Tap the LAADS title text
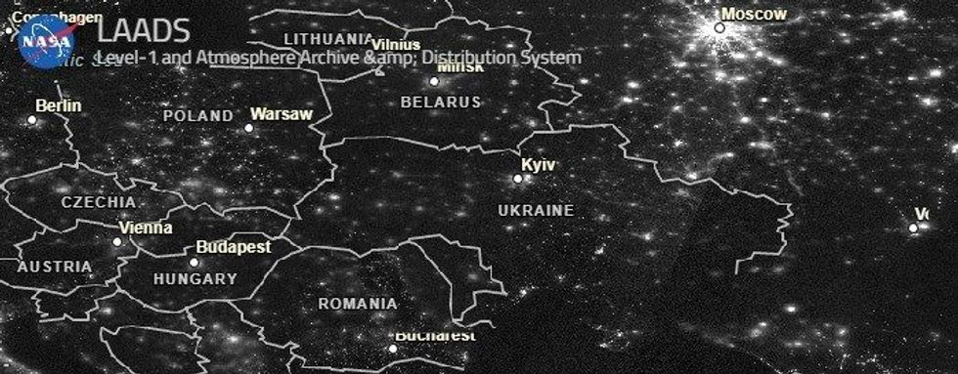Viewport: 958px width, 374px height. coord(143,32)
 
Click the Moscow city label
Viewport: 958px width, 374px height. coord(754,14)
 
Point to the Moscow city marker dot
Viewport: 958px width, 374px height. coord(719,27)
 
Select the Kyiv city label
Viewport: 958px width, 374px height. coord(538,165)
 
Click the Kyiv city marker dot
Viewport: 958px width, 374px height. coord(518,179)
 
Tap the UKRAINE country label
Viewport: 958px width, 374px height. coord(536,210)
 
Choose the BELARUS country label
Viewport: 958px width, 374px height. coord(441,102)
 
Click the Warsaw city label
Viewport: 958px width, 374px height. coord(282,114)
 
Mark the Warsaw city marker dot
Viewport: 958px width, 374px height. coord(248,127)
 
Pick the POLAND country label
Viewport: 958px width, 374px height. coord(198,115)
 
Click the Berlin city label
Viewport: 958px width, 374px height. coord(59,105)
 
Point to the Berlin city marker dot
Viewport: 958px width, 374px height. coord(31,120)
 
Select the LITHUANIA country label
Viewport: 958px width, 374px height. coord(327,39)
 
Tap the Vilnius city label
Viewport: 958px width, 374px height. coord(396,45)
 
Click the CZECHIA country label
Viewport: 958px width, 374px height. coord(99,202)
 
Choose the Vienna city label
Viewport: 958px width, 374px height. coord(145,228)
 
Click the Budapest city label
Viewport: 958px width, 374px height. coord(234,247)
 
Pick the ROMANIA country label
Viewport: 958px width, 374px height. coord(358,304)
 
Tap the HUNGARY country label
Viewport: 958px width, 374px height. coord(196,278)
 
